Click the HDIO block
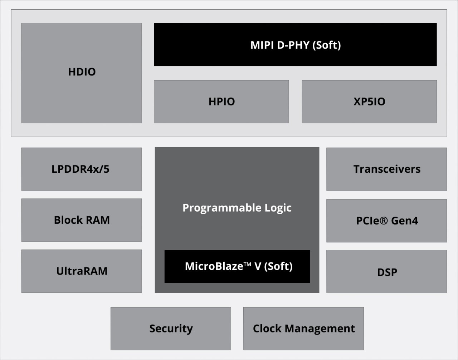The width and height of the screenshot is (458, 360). [82, 73]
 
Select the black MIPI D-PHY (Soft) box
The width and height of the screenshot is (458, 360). [295, 45]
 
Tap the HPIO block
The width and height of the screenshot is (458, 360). [221, 102]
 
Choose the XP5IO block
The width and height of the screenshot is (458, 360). [369, 102]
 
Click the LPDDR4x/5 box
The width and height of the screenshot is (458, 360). [82, 169]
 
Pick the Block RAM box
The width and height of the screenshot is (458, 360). [82, 220]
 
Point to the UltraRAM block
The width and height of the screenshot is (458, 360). [82, 271]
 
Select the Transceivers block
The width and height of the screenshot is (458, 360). [386, 169]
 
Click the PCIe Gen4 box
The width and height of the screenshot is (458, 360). [386, 221]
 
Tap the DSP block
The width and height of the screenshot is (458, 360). [386, 272]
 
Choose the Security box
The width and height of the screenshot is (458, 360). [171, 328]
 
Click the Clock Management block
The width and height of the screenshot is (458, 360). [303, 328]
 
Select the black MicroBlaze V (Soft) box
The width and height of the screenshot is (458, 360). [237, 266]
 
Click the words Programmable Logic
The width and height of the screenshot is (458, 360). [237, 208]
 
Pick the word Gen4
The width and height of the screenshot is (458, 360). [405, 221]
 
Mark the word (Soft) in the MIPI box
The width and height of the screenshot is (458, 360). [326, 45]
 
